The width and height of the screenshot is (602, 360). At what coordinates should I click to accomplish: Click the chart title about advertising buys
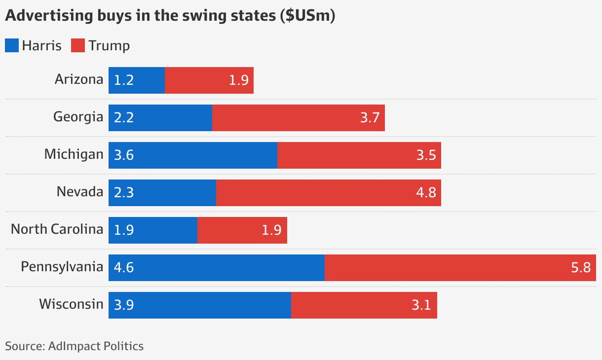[170, 16]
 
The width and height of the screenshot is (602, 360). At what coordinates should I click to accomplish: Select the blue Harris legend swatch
[12, 46]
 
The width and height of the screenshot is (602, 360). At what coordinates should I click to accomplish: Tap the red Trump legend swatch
[78, 46]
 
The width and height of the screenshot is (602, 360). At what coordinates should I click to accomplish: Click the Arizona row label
[79, 79]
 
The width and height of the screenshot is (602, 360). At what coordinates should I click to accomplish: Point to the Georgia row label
[78, 117]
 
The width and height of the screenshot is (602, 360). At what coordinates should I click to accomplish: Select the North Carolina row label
[57, 229]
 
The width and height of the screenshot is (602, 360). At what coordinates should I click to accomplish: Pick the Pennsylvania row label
[62, 267]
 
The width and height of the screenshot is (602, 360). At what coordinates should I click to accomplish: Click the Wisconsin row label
[72, 304]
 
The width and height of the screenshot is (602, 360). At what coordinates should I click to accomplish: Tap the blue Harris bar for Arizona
[137, 80]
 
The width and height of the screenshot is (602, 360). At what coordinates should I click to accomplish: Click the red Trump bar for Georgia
[298, 118]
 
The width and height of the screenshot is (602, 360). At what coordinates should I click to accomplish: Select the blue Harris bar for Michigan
[193, 155]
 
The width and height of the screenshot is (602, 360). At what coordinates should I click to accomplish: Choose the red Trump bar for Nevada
[328, 193]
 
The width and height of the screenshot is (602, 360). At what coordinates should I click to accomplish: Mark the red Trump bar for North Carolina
[242, 230]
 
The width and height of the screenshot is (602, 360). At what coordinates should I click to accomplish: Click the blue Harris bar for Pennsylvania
[217, 268]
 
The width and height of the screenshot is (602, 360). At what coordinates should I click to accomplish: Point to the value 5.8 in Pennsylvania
[580, 268]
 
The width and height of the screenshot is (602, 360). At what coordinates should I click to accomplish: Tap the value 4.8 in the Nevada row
[426, 193]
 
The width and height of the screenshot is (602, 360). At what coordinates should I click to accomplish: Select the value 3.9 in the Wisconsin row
[124, 305]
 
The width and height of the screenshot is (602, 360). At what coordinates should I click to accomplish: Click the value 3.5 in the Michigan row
[426, 155]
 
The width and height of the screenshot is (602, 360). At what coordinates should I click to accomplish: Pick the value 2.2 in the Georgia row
[124, 118]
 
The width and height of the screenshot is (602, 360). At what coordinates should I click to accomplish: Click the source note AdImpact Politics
[75, 346]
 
